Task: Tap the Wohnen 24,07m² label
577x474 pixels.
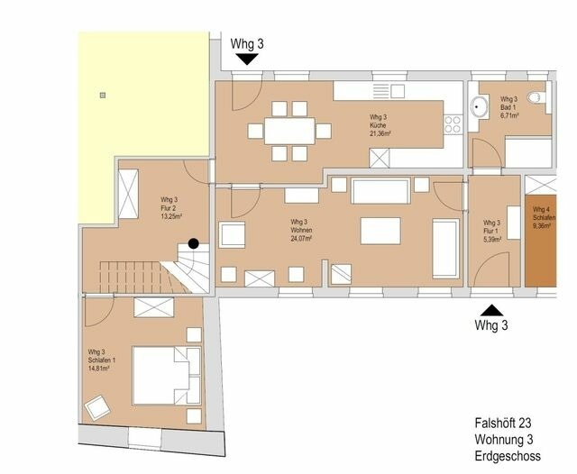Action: coord(301,230)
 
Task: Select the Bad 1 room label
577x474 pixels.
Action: coord(509,107)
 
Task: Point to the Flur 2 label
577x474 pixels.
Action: coord(171,208)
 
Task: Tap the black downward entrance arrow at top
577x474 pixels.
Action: coord(247,59)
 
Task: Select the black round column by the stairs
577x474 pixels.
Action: coord(193,243)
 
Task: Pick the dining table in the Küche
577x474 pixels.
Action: coord(288,131)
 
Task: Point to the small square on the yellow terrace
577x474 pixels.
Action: coord(104,93)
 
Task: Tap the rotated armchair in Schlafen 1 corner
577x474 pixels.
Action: coord(96,409)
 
